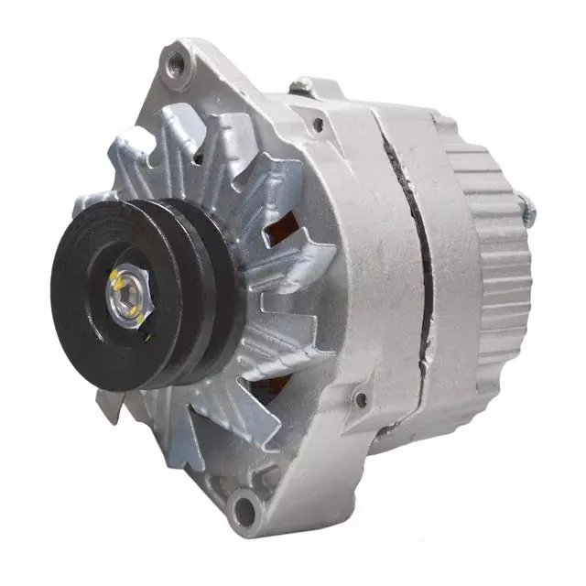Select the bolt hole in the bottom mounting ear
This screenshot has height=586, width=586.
244,503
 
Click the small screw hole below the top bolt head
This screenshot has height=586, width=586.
318,123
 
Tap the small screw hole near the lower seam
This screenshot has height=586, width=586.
362,399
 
